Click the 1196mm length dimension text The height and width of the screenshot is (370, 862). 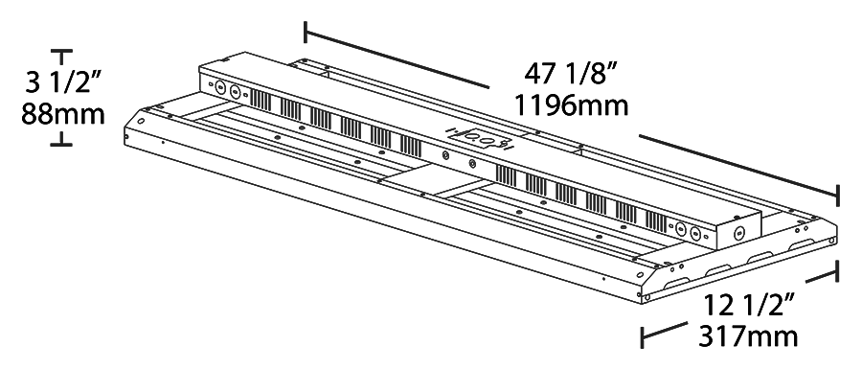[x=571, y=104]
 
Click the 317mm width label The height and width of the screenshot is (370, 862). [x=748, y=335]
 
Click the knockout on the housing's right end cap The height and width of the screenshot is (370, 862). [x=737, y=233]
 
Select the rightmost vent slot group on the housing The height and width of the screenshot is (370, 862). [x=654, y=218]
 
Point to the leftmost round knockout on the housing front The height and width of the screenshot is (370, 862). [x=219, y=86]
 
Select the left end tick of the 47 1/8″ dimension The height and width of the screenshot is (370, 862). [x=306, y=32]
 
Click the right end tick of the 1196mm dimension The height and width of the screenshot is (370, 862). [x=838, y=196]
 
